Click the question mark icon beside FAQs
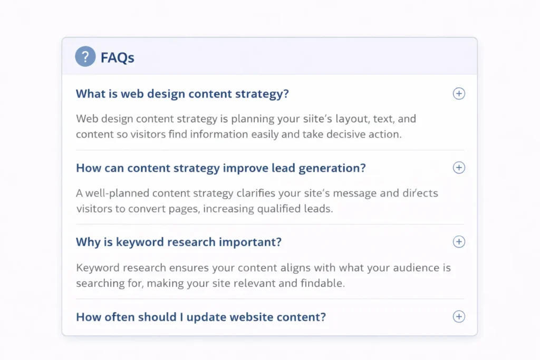pos(85,56)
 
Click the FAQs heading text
pos(117,57)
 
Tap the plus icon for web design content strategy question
pos(459,94)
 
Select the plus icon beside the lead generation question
pos(459,168)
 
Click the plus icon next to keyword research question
pos(459,242)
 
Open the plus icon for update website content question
pos(459,317)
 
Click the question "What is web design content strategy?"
pos(182,94)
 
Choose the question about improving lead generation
pos(220,168)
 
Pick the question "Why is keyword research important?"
pos(179,242)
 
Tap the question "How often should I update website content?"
pos(201,317)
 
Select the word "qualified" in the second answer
pos(277,209)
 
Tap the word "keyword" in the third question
pos(140,242)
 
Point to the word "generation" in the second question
pos(329,168)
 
